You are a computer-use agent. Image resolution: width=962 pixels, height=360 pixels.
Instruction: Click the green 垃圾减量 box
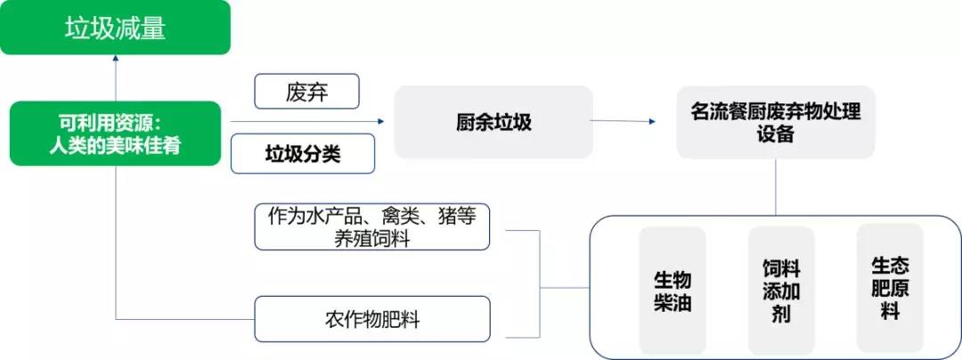tap(115, 28)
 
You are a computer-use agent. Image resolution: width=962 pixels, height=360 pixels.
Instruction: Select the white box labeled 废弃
tap(306, 92)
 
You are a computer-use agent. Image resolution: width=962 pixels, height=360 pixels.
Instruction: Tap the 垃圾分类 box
tap(303, 153)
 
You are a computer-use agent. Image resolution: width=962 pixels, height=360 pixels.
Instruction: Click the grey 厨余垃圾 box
tap(493, 122)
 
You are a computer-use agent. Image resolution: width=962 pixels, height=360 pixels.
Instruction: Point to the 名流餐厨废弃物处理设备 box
tap(776, 122)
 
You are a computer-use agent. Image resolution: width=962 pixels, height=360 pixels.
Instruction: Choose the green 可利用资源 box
tap(115, 133)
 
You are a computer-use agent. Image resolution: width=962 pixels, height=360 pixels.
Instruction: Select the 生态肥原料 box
tap(890, 287)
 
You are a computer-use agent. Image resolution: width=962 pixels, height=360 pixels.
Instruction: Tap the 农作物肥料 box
tap(372, 319)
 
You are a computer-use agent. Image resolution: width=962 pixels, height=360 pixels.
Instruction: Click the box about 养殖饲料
tap(372, 227)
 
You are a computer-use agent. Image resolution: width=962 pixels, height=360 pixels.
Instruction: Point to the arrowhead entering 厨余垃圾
tap(381, 121)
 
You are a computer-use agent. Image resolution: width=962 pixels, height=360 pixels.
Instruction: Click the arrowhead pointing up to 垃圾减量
tap(115, 58)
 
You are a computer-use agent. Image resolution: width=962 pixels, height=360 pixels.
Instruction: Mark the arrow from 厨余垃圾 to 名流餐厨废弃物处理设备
tap(623, 121)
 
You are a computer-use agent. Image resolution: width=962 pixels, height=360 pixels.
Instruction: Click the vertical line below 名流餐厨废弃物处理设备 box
tap(776, 187)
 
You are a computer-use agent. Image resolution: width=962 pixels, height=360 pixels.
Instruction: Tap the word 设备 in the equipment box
tap(776, 134)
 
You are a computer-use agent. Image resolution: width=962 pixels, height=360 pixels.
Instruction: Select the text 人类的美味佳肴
tap(115, 146)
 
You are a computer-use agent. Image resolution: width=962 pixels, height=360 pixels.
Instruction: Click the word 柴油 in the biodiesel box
tap(673, 302)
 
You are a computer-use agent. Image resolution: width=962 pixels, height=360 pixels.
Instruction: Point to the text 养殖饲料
tap(371, 238)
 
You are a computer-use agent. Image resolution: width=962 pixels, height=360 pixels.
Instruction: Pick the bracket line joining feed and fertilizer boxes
tap(540, 284)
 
